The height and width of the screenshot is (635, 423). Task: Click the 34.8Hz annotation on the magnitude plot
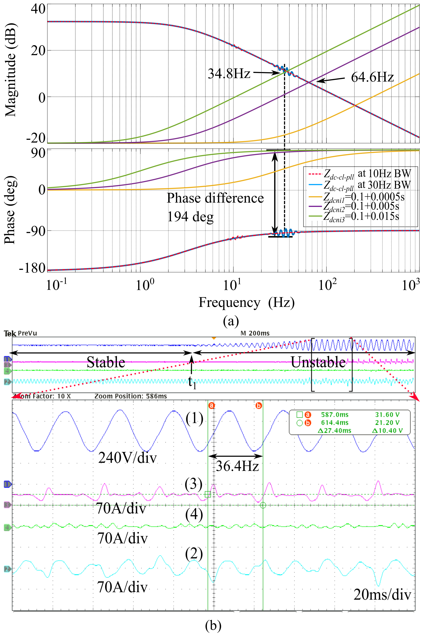tap(229, 73)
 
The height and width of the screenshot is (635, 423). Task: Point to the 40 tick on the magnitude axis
tap(38, 9)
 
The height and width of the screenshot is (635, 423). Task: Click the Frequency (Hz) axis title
tap(246, 302)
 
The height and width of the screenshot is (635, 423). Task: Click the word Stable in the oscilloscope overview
tap(106, 362)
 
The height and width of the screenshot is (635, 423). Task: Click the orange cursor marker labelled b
tap(258, 405)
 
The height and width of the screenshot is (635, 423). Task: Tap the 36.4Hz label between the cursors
tap(237, 466)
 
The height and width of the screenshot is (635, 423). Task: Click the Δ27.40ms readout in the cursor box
tap(334, 431)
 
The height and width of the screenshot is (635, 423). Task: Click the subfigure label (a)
tap(231, 321)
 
